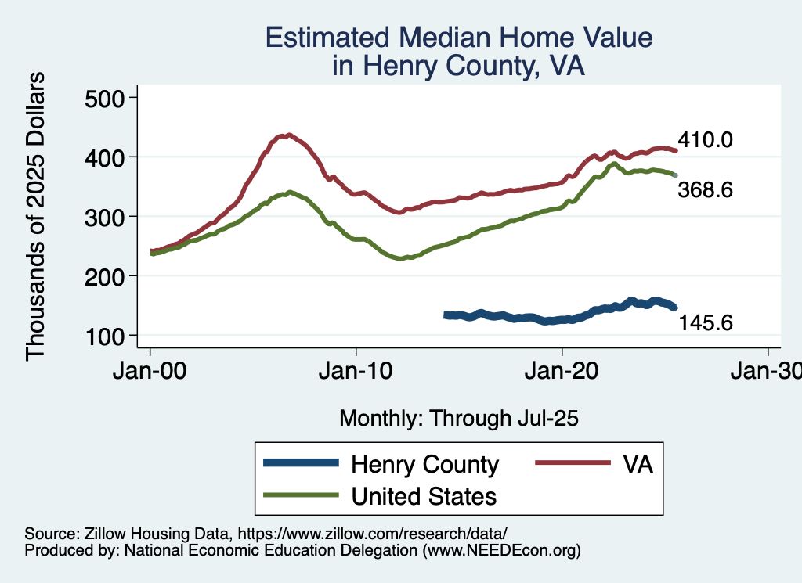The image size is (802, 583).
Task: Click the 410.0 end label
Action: [706, 141]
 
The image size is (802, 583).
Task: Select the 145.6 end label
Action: [706, 322]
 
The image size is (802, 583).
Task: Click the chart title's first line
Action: [458, 38]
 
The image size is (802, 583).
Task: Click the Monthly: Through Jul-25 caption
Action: [458, 419]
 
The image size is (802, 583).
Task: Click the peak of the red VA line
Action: [289, 135]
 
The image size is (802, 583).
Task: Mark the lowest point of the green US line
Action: [401, 258]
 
